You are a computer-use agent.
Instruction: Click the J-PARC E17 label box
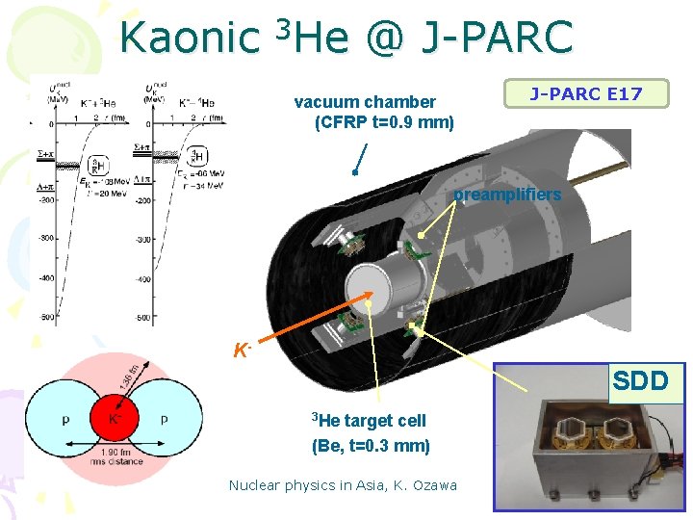pyautogui.click(x=586, y=93)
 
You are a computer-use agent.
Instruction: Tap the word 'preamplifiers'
pyautogui.click(x=507, y=195)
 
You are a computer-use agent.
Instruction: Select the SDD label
pyautogui.click(x=640, y=380)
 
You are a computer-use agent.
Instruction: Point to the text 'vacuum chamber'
pyautogui.click(x=365, y=102)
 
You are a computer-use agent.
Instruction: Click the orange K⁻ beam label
pyautogui.click(x=243, y=349)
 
